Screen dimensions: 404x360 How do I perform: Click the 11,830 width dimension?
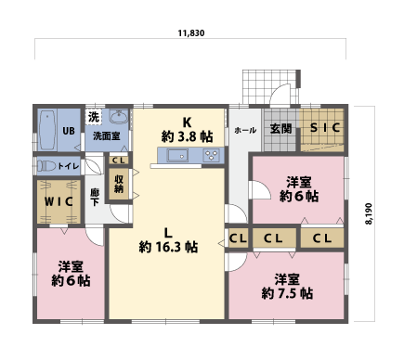click(191, 33)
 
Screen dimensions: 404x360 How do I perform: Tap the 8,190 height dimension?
click(369, 213)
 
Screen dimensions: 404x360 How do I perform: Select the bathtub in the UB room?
click(47, 130)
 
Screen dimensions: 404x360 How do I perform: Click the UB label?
click(69, 131)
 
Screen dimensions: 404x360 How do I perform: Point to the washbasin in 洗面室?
click(119, 117)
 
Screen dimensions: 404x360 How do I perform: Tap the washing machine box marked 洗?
click(94, 117)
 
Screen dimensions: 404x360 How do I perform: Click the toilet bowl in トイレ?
click(46, 166)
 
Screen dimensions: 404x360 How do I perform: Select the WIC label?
click(59, 202)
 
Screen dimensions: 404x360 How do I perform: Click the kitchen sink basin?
click(178, 155)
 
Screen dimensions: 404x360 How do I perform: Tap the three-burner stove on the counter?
click(212, 155)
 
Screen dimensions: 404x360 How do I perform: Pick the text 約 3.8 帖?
click(187, 136)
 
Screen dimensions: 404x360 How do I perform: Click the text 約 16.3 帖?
click(168, 247)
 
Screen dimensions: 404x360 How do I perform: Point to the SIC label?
click(325, 127)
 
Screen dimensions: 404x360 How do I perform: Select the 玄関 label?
click(280, 128)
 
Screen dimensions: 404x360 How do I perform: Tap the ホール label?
click(245, 130)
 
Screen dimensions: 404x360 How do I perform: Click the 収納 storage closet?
click(119, 184)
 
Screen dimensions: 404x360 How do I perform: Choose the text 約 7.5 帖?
click(287, 293)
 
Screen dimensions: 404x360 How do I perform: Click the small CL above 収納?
click(119, 161)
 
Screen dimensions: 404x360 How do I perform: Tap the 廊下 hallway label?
click(95, 198)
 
